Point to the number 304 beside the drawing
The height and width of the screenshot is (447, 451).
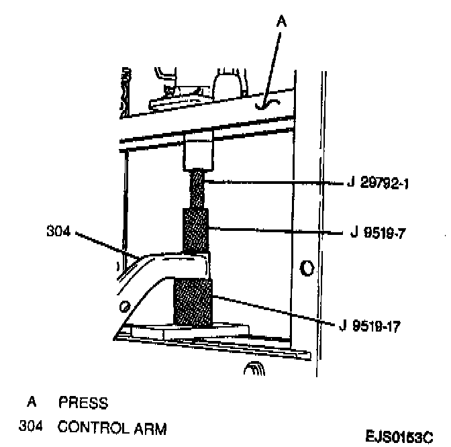(58, 232)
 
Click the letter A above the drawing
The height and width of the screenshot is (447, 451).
(282, 21)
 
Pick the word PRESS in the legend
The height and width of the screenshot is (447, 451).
(83, 403)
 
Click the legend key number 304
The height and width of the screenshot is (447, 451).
(31, 427)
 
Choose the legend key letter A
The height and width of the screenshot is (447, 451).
(31, 403)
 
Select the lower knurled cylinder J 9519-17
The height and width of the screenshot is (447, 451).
(193, 302)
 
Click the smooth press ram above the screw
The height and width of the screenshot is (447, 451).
(198, 151)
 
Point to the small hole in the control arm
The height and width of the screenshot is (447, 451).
(125, 307)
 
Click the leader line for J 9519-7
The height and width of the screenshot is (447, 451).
(275, 232)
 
